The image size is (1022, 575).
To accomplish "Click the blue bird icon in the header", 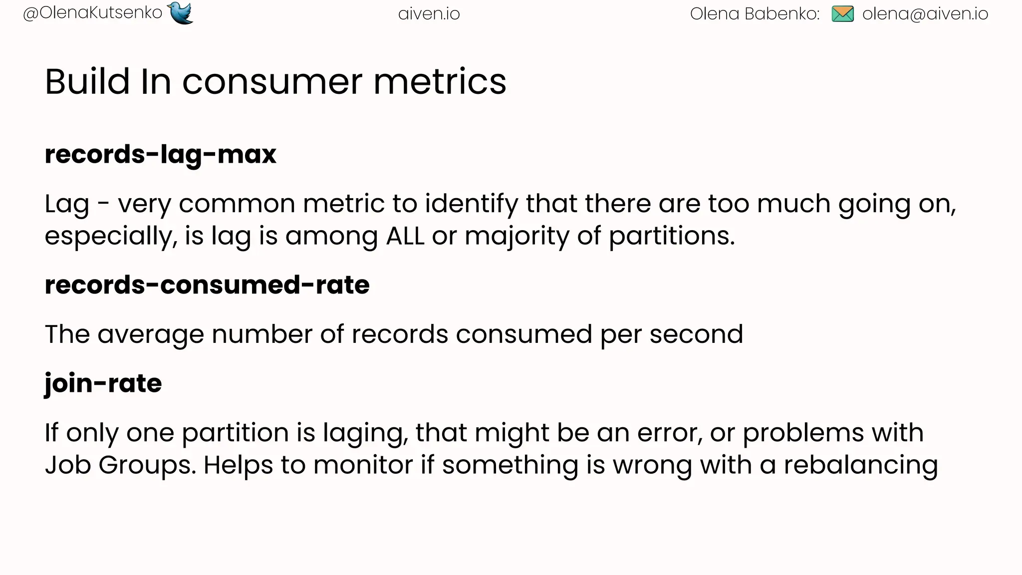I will (x=181, y=13).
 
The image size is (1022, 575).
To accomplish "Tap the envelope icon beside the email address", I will (x=843, y=13).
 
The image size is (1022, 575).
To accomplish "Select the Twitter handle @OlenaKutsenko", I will (x=93, y=13).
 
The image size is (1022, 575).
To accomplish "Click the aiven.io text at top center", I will (x=429, y=14).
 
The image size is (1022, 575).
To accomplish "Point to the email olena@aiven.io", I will (x=925, y=14).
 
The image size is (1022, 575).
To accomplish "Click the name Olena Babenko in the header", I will (x=754, y=14).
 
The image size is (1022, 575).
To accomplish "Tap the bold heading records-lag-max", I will (x=160, y=154).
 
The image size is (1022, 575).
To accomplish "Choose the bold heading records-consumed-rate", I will (x=207, y=285).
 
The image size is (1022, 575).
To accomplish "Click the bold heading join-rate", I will (x=103, y=384).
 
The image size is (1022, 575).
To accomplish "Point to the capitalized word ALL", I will (x=405, y=236).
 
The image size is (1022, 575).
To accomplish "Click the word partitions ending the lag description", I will (x=672, y=236).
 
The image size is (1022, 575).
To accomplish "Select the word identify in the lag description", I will (x=471, y=204).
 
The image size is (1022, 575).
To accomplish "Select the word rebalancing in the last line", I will (x=860, y=465).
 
